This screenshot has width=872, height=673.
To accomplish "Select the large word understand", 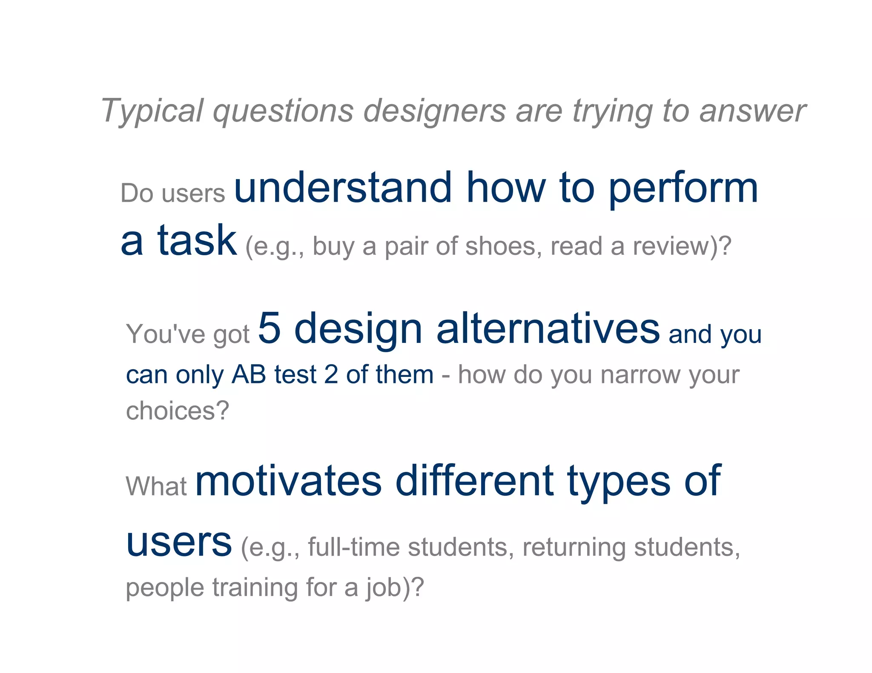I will pyautogui.click(x=343, y=188).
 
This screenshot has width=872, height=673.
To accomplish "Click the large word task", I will pyautogui.click(x=197, y=241).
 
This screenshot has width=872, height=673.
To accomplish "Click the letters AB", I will pyautogui.click(x=249, y=375).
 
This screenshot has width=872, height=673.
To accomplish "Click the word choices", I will pyautogui.click(x=177, y=411).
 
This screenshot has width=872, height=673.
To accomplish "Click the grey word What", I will pyautogui.click(x=156, y=486).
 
